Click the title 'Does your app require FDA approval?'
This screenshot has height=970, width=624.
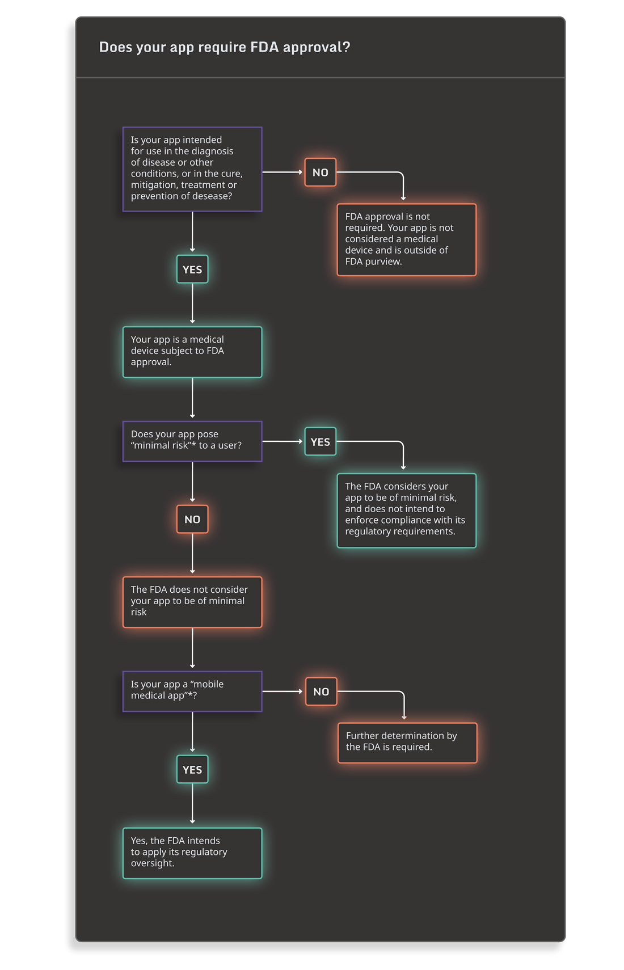click(224, 47)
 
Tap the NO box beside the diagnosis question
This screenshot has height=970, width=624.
click(320, 172)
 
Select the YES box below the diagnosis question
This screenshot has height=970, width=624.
click(192, 269)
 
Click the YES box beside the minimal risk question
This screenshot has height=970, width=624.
click(320, 441)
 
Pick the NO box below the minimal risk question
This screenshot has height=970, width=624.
click(192, 519)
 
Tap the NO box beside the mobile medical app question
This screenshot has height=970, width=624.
click(321, 691)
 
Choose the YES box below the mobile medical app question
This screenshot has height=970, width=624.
click(192, 769)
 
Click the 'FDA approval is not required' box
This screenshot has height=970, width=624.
click(406, 239)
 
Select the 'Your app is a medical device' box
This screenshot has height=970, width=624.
click(192, 352)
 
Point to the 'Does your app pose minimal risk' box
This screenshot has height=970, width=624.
click(192, 441)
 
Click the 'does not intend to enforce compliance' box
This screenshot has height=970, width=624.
click(406, 510)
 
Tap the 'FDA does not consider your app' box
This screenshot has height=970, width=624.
click(192, 602)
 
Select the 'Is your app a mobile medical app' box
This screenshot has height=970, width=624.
click(192, 691)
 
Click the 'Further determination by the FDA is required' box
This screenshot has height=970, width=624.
click(407, 743)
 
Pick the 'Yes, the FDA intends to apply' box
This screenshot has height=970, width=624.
click(192, 853)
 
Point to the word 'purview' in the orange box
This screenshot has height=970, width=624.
click(383, 262)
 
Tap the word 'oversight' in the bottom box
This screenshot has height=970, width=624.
click(153, 863)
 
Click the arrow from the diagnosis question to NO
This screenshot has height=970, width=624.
click(283, 172)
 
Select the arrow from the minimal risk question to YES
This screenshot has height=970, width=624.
click(283, 441)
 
